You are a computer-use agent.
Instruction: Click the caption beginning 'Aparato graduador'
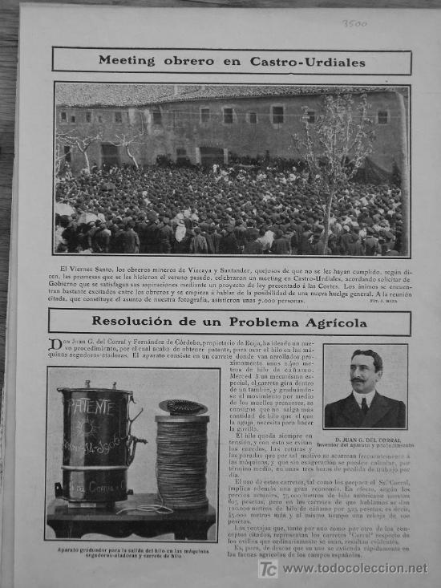tap(131, 553)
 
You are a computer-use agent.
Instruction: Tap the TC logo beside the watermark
tap(268, 569)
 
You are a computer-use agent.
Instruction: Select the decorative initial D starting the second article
tap(55, 344)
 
